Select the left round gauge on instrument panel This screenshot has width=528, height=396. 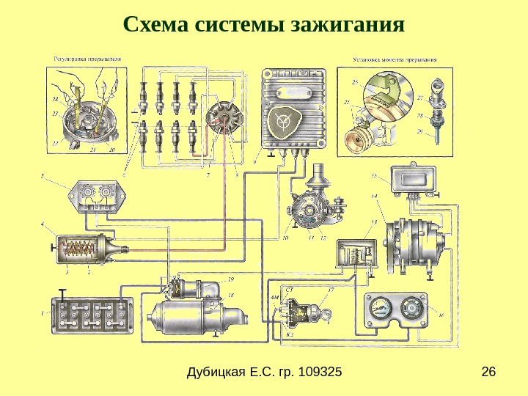(x=380, y=307)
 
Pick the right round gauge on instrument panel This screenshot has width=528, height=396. (x=412, y=308)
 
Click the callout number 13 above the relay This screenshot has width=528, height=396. (x=375, y=221)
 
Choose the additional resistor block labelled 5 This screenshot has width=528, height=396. (x=97, y=196)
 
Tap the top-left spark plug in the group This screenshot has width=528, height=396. (x=142, y=94)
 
